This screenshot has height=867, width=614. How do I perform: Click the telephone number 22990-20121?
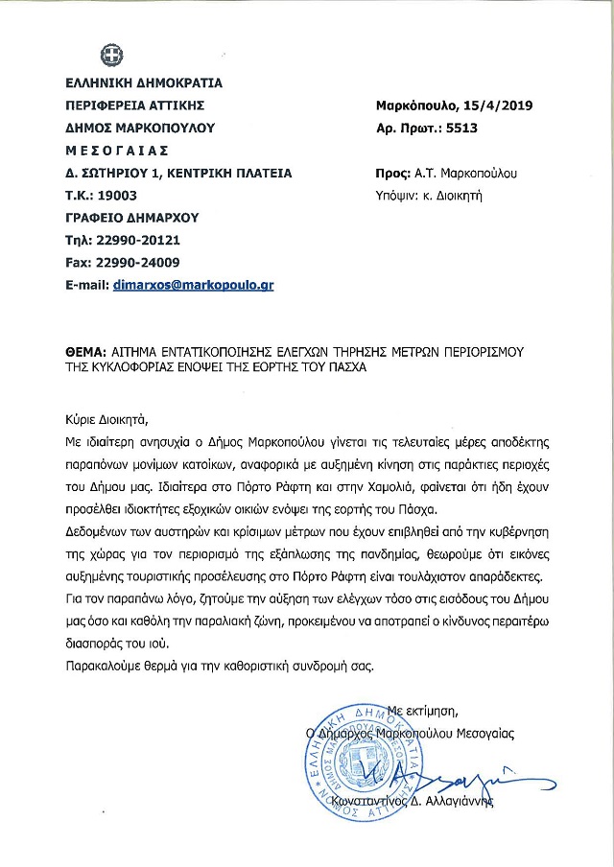pyautogui.click(x=139, y=240)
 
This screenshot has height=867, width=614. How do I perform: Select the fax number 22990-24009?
pyautogui.click(x=140, y=262)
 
